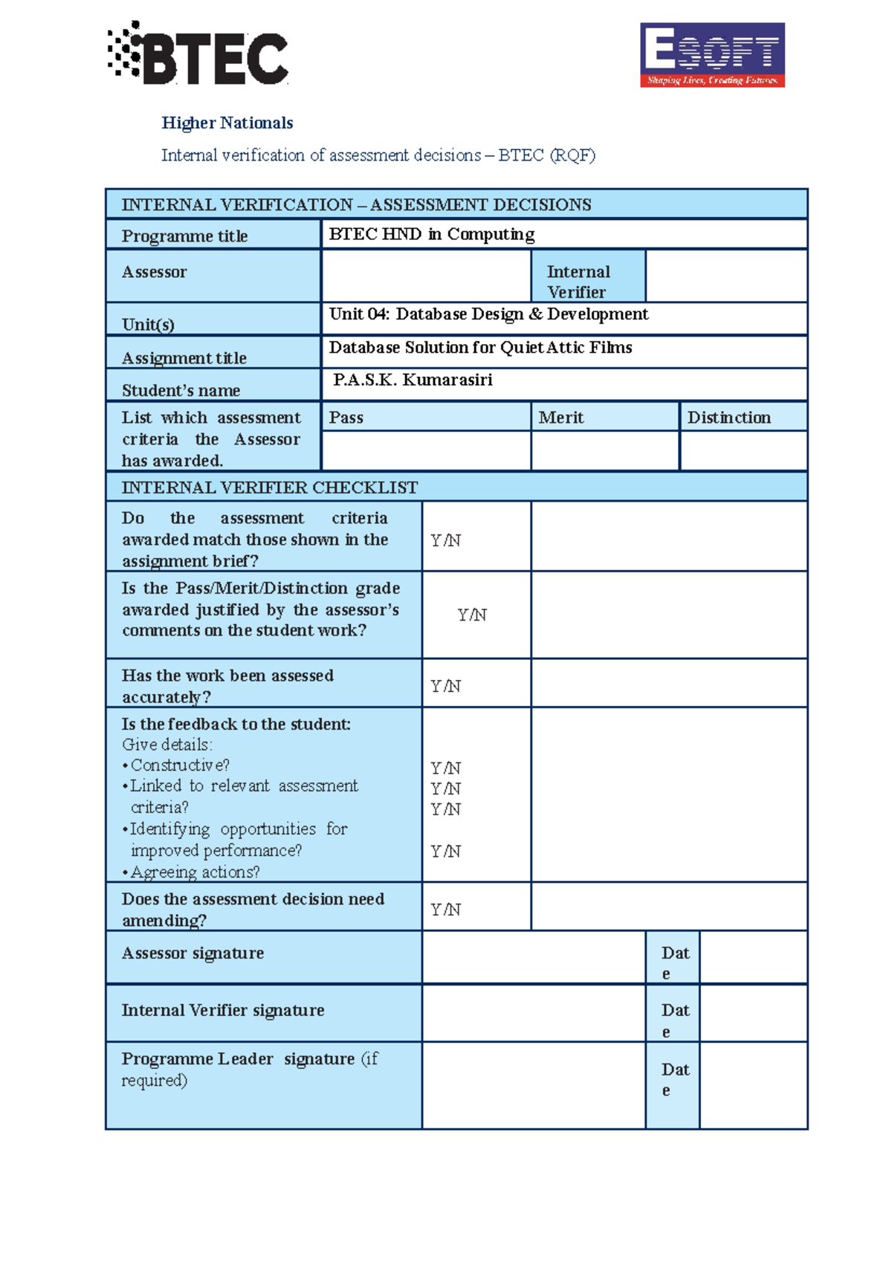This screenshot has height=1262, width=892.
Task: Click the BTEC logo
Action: (198, 54)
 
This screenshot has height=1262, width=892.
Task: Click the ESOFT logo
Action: (712, 55)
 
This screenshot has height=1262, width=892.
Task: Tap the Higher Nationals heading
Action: (227, 123)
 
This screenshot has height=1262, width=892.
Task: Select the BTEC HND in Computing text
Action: (431, 234)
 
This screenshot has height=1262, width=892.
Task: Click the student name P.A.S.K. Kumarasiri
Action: (413, 380)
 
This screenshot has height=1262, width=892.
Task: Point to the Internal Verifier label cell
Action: (588, 281)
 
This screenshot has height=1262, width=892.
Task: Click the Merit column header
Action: (561, 418)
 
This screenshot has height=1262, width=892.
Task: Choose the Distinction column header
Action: (729, 418)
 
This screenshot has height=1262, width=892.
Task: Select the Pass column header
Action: (346, 418)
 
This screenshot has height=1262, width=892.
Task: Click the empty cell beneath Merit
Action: (605, 450)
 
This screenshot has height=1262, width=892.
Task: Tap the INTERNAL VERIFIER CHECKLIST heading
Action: (270, 488)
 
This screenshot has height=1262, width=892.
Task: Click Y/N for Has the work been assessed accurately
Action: (446, 686)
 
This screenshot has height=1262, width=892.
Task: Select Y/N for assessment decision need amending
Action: (446, 910)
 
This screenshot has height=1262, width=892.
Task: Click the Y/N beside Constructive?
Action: (446, 768)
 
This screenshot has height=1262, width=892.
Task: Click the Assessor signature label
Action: (193, 953)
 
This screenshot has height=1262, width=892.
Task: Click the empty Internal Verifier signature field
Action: (533, 1012)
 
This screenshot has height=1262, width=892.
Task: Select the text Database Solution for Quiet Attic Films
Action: (480, 348)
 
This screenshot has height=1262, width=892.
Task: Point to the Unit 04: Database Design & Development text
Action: (488, 314)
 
